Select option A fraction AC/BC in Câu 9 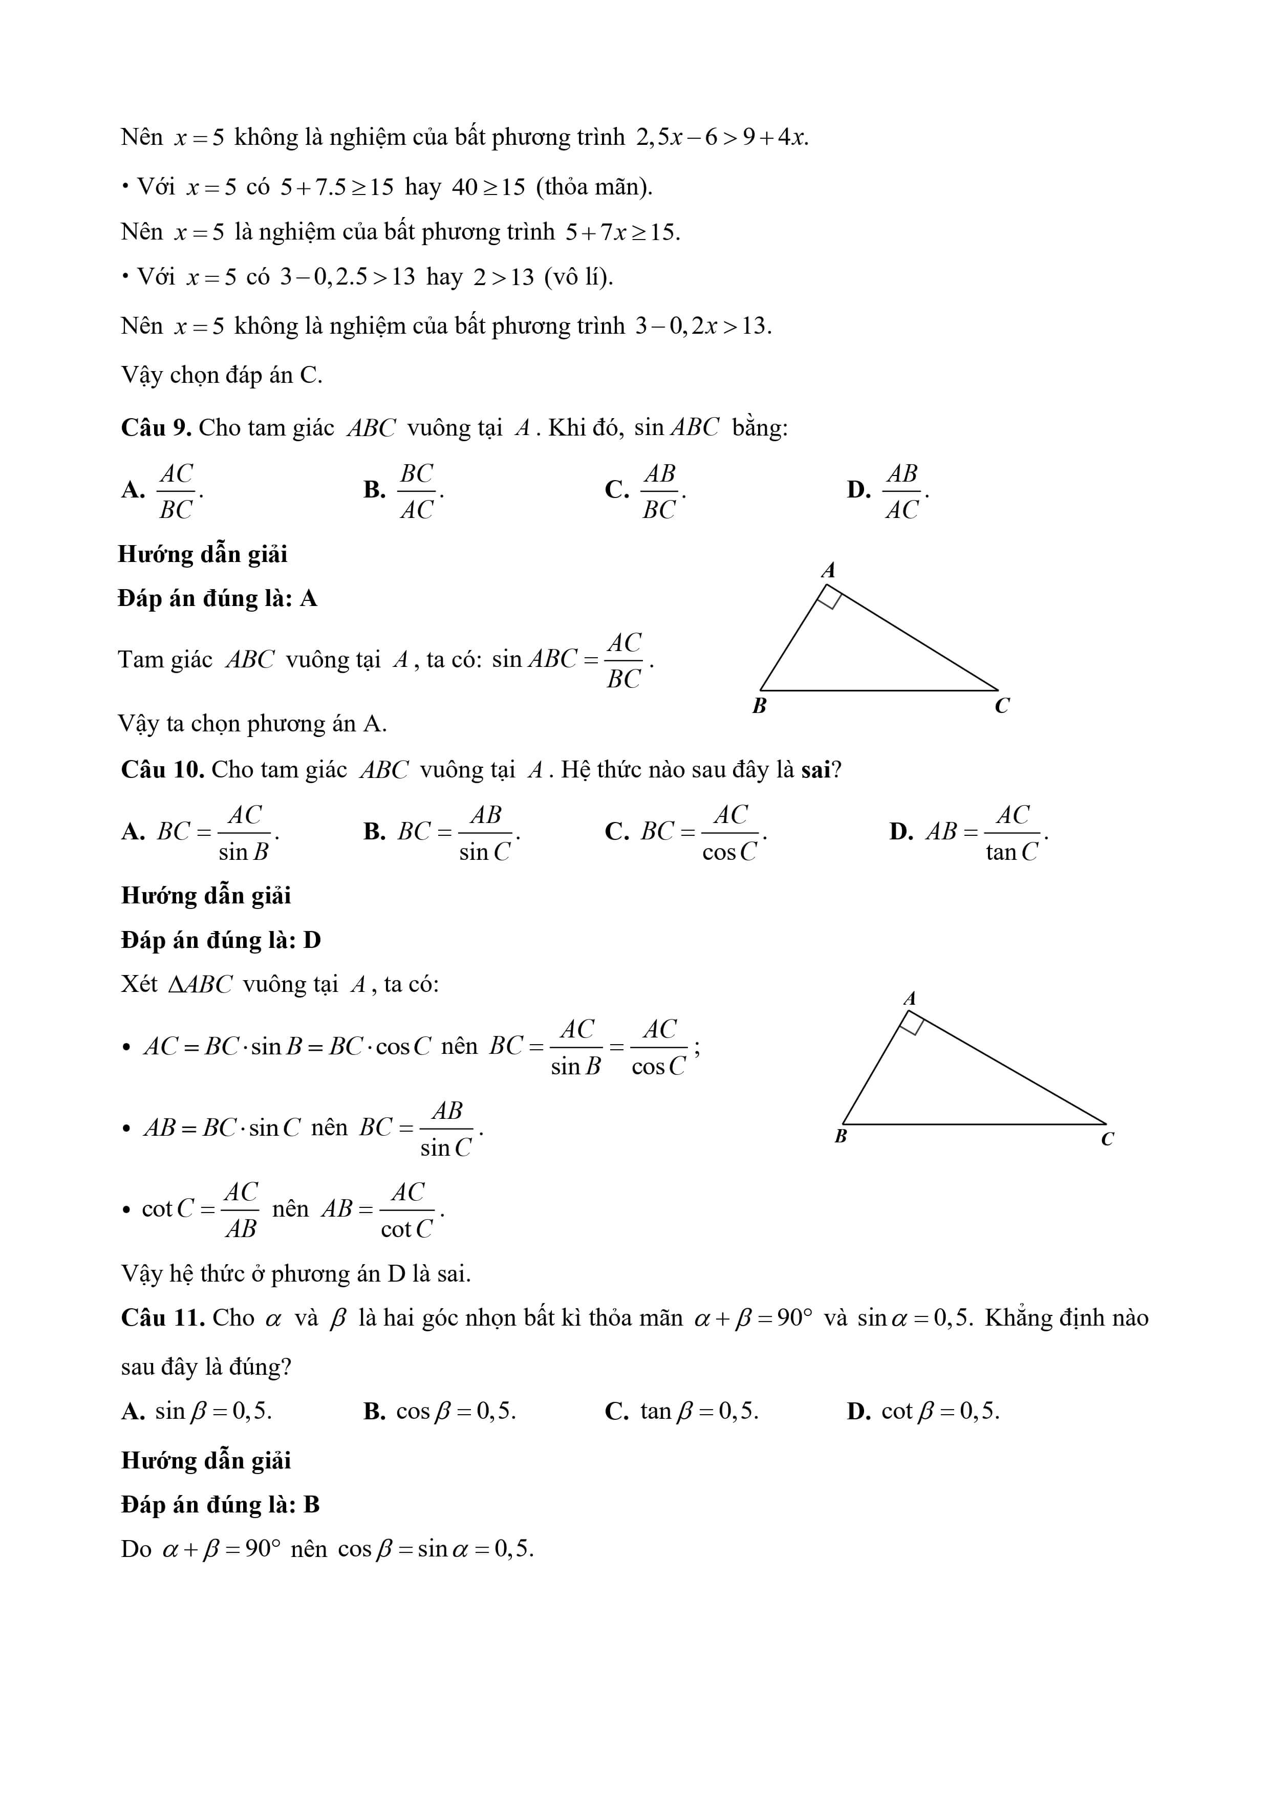(176, 491)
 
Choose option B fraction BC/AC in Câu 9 (417, 491)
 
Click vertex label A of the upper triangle (828, 570)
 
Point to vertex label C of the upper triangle (1002, 706)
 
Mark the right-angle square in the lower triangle (912, 1024)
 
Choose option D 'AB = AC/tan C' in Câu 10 (986, 832)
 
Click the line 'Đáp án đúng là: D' (221, 940)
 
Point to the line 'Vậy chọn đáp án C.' (222, 376)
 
